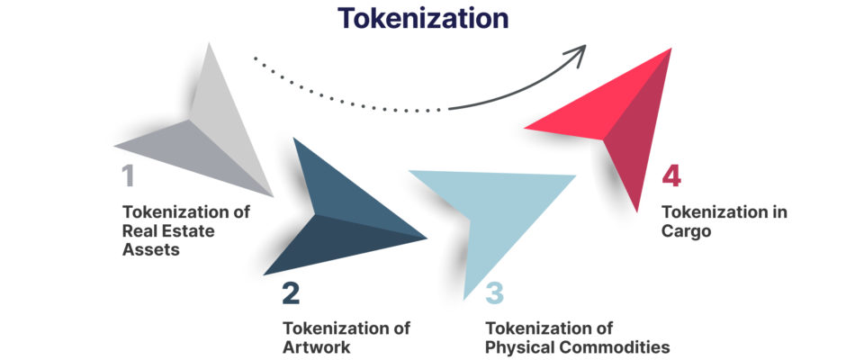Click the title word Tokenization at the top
(x=422, y=18)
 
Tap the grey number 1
(x=127, y=175)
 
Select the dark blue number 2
(x=290, y=293)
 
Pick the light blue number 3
(x=495, y=293)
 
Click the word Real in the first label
(x=143, y=231)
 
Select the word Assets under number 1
(x=150, y=249)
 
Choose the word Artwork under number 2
(x=314, y=346)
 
